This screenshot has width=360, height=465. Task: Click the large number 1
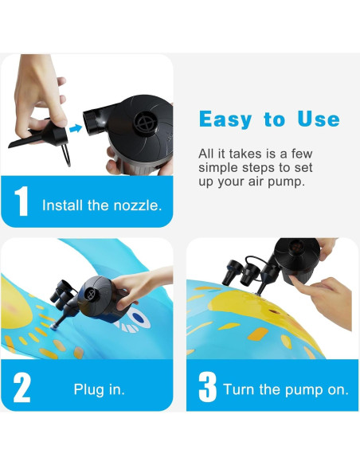(x=22, y=201)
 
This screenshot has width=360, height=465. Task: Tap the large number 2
(x=22, y=387)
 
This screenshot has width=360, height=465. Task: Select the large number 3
(x=208, y=387)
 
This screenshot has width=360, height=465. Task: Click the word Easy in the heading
(x=225, y=119)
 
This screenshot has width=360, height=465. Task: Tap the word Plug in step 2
(x=89, y=389)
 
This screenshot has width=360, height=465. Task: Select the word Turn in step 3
(x=239, y=389)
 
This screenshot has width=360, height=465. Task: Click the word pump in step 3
(x=303, y=390)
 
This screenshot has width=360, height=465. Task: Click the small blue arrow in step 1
(x=76, y=128)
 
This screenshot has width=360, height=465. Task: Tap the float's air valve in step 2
(x=53, y=326)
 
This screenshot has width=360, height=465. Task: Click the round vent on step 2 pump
(x=91, y=295)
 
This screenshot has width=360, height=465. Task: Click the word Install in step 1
(x=62, y=205)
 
